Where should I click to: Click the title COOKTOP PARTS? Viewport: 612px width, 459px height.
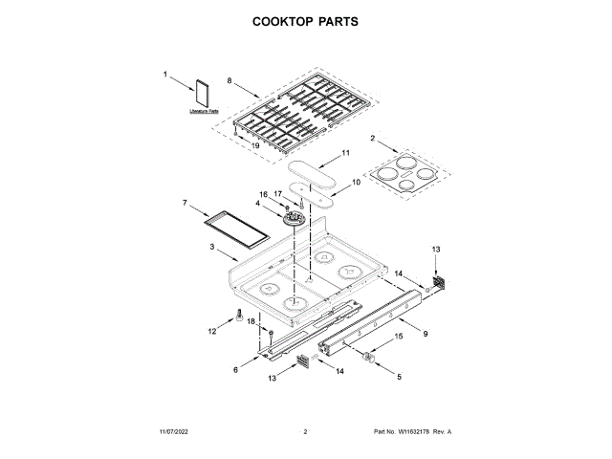(x=305, y=20)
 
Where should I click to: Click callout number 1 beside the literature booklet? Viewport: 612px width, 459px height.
(x=164, y=74)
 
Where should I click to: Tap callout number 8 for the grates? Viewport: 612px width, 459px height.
(x=229, y=80)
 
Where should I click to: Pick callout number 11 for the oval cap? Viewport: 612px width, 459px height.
(x=346, y=153)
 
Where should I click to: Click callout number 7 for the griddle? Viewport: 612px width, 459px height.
(x=184, y=203)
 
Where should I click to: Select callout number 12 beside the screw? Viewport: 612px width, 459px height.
(x=212, y=331)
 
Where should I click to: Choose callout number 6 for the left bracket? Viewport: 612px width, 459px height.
(x=235, y=368)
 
